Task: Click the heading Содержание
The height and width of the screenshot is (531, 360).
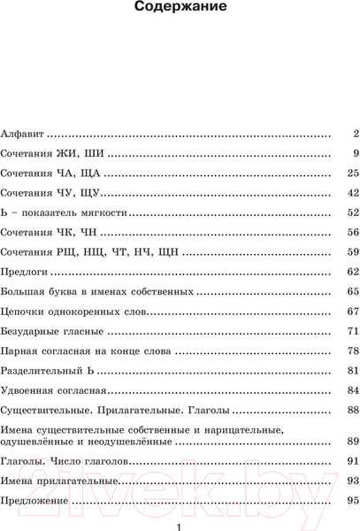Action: pos(180,12)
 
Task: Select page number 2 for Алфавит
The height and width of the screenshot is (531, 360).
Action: pos(353,135)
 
